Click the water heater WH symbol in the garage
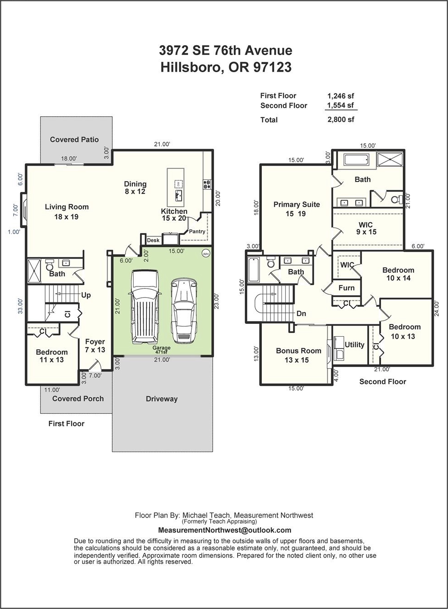click(206, 254)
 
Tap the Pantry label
click(197, 231)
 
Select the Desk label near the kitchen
click(153, 240)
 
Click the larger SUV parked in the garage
click(144, 307)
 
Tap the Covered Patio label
click(74, 140)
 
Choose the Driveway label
click(162, 399)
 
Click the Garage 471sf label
click(161, 349)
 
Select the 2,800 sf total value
click(341, 120)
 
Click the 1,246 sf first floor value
click(341, 96)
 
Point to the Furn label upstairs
click(346, 288)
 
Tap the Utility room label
click(354, 345)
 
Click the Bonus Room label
click(298, 351)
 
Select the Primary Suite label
click(297, 204)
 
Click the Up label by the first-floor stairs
click(86, 295)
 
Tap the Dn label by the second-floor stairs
click(301, 313)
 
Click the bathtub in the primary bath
click(356, 160)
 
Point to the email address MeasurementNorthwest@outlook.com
click(224, 530)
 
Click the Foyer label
click(95, 342)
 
